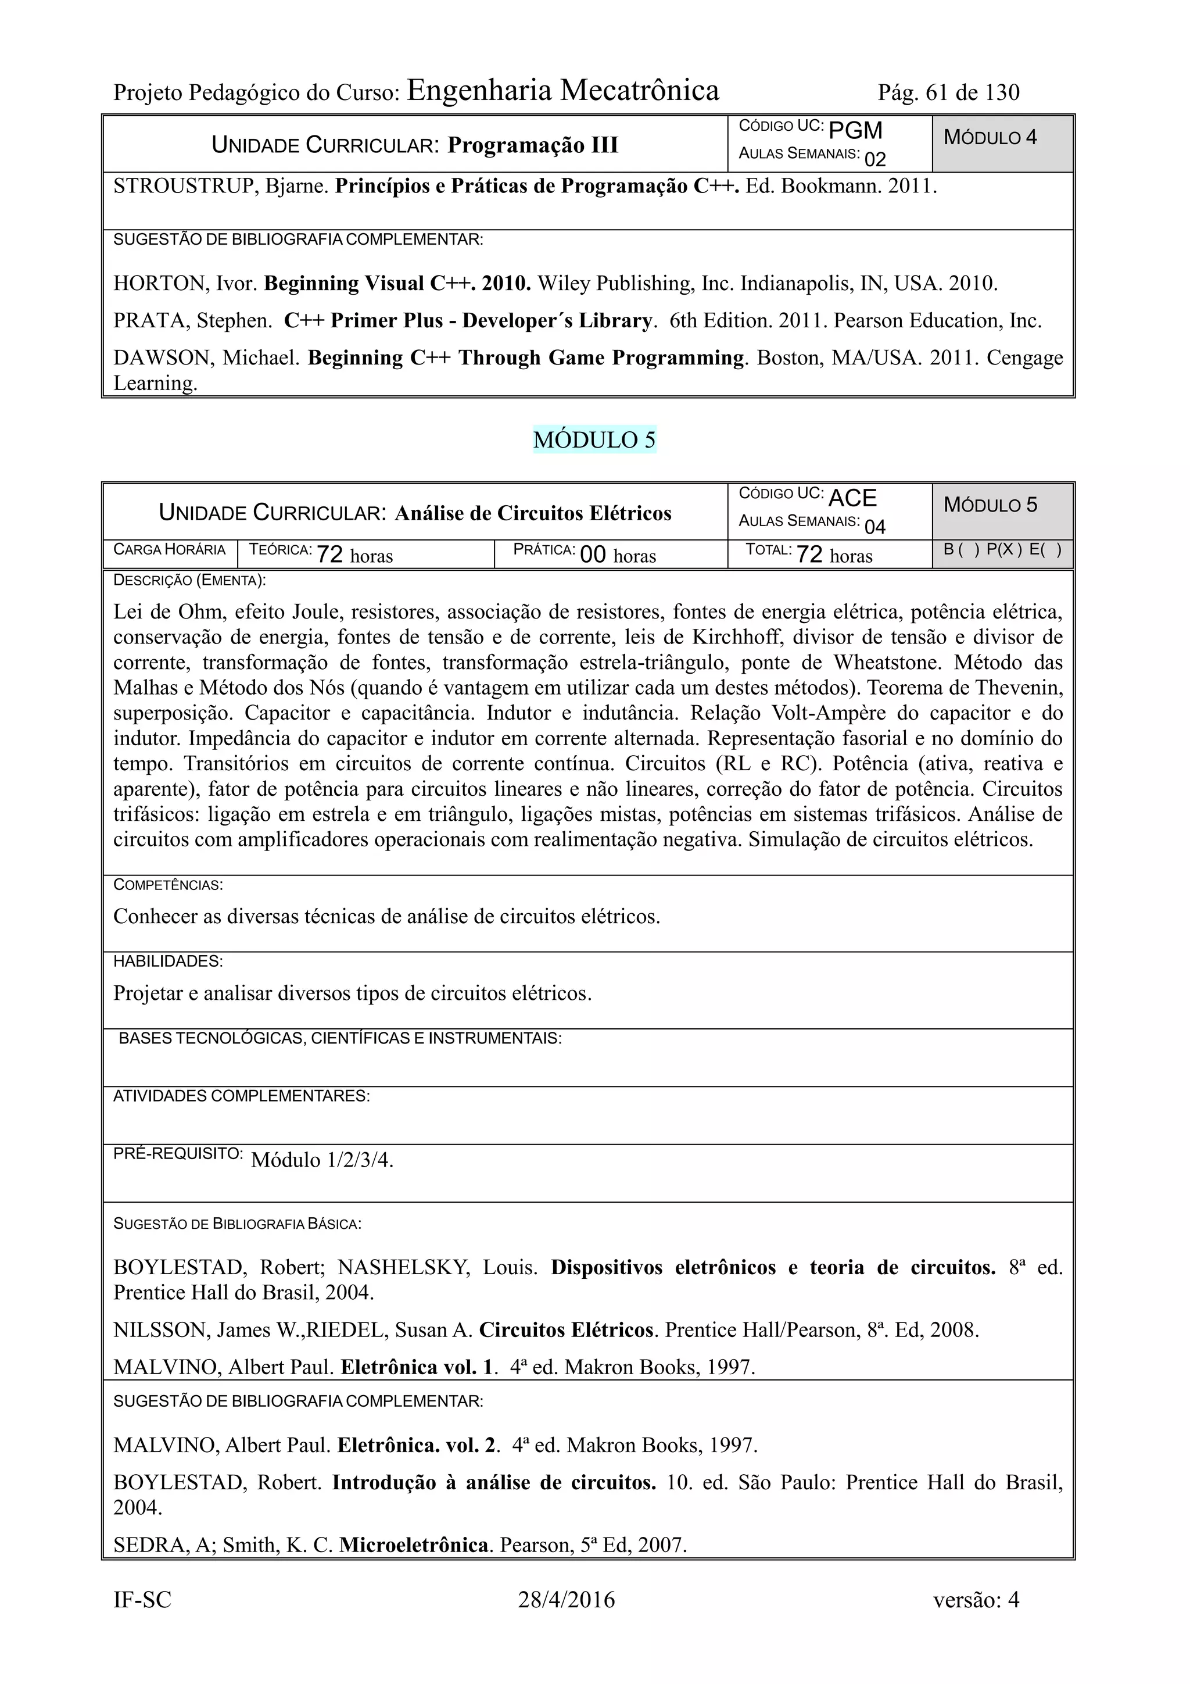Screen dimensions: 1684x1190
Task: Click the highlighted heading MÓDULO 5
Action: click(x=594, y=439)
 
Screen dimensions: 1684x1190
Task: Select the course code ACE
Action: click(x=852, y=498)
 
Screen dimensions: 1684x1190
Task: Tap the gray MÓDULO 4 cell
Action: click(x=1002, y=143)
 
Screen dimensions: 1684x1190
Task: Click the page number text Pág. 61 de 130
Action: click(x=948, y=92)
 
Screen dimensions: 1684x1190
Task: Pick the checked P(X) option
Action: click(x=1003, y=549)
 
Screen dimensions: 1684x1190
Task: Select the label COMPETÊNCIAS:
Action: click(x=168, y=885)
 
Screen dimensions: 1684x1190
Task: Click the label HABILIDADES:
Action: click(x=168, y=961)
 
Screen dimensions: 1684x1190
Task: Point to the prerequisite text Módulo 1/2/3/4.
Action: click(x=322, y=1160)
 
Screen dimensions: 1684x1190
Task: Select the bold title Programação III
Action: click(x=533, y=145)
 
